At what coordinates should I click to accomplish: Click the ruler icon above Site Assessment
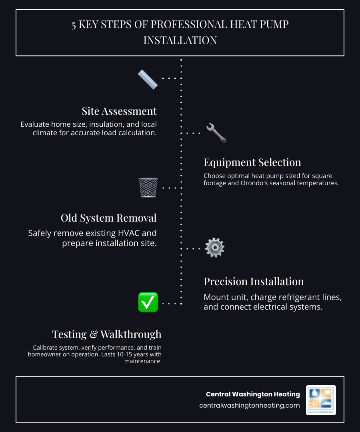tap(148, 80)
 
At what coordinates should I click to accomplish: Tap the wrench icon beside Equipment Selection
tap(216, 133)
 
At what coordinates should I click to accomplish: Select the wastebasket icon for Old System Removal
tap(148, 187)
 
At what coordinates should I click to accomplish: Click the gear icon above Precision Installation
tap(214, 248)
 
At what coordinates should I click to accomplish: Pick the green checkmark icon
tap(148, 302)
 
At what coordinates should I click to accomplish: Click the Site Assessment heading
tap(119, 111)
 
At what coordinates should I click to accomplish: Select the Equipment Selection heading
tap(252, 162)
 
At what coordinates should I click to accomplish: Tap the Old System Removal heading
tap(109, 218)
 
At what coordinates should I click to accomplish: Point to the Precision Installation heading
tap(254, 282)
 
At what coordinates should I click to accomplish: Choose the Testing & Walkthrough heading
tap(107, 334)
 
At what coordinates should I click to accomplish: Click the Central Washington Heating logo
tap(321, 400)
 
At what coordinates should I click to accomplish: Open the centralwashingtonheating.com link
tap(249, 406)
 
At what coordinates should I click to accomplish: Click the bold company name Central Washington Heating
tap(253, 394)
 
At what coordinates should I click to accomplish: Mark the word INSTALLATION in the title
tap(180, 40)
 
